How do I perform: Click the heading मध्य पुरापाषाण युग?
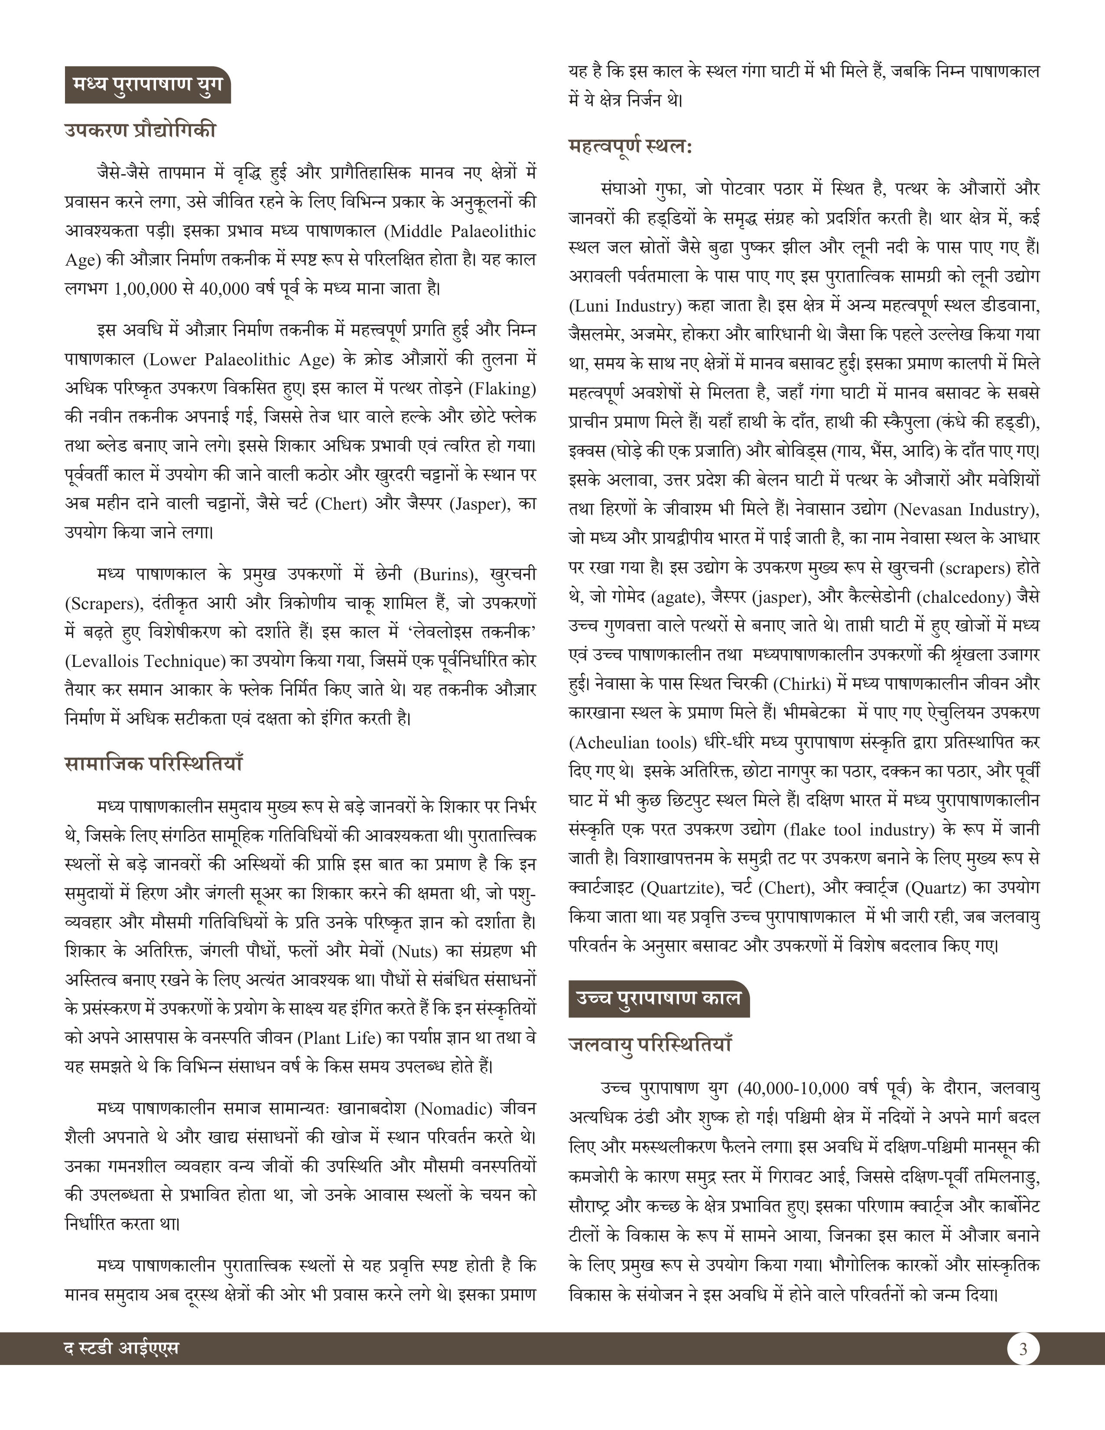[147, 85]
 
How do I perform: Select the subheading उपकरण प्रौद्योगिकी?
[140, 130]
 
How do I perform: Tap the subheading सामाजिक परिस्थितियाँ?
[154, 764]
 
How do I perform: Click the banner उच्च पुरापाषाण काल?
[658, 998]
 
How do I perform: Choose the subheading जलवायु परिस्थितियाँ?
[650, 1044]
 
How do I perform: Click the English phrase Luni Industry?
[623, 306]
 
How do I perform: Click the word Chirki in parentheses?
[795, 684]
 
